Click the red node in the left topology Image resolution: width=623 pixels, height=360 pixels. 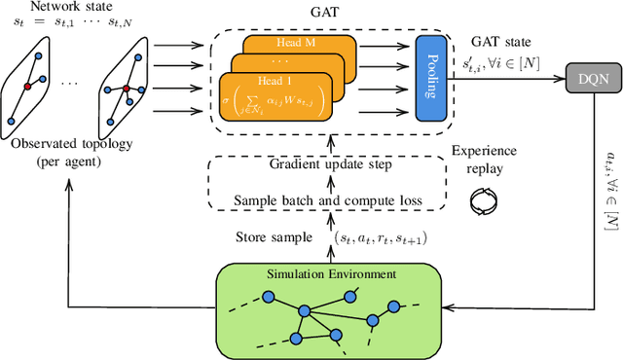(x=28, y=87)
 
